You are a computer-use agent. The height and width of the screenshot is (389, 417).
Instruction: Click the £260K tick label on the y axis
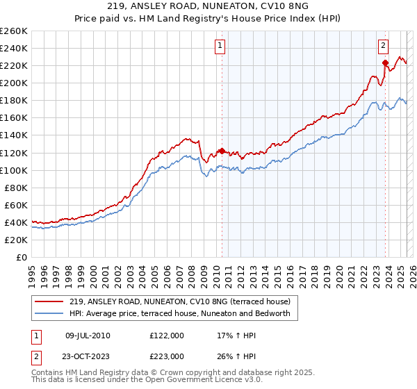[14, 31]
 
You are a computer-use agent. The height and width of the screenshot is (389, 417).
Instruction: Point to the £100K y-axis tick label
[14, 170]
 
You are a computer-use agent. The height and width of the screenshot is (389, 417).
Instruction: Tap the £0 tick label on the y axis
[22, 257]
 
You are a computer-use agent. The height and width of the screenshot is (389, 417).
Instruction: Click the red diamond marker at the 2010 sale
[222, 151]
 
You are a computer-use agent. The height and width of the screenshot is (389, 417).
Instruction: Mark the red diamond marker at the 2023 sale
[385, 63]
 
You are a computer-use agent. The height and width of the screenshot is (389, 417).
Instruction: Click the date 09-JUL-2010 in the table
[88, 336]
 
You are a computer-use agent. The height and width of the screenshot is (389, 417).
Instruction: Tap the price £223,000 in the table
[166, 356]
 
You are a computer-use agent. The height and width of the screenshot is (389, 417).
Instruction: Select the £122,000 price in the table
[166, 336]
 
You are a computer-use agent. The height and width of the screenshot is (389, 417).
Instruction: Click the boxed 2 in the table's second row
[36, 356]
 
